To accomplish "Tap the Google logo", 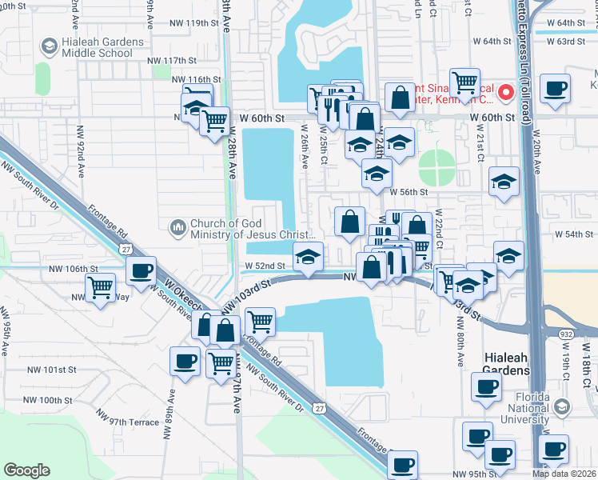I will click(26, 470).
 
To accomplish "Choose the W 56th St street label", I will click(409, 192).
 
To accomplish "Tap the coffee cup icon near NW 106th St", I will click(142, 272).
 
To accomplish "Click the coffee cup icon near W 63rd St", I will click(554, 89).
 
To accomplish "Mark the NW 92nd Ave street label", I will click(80, 148).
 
